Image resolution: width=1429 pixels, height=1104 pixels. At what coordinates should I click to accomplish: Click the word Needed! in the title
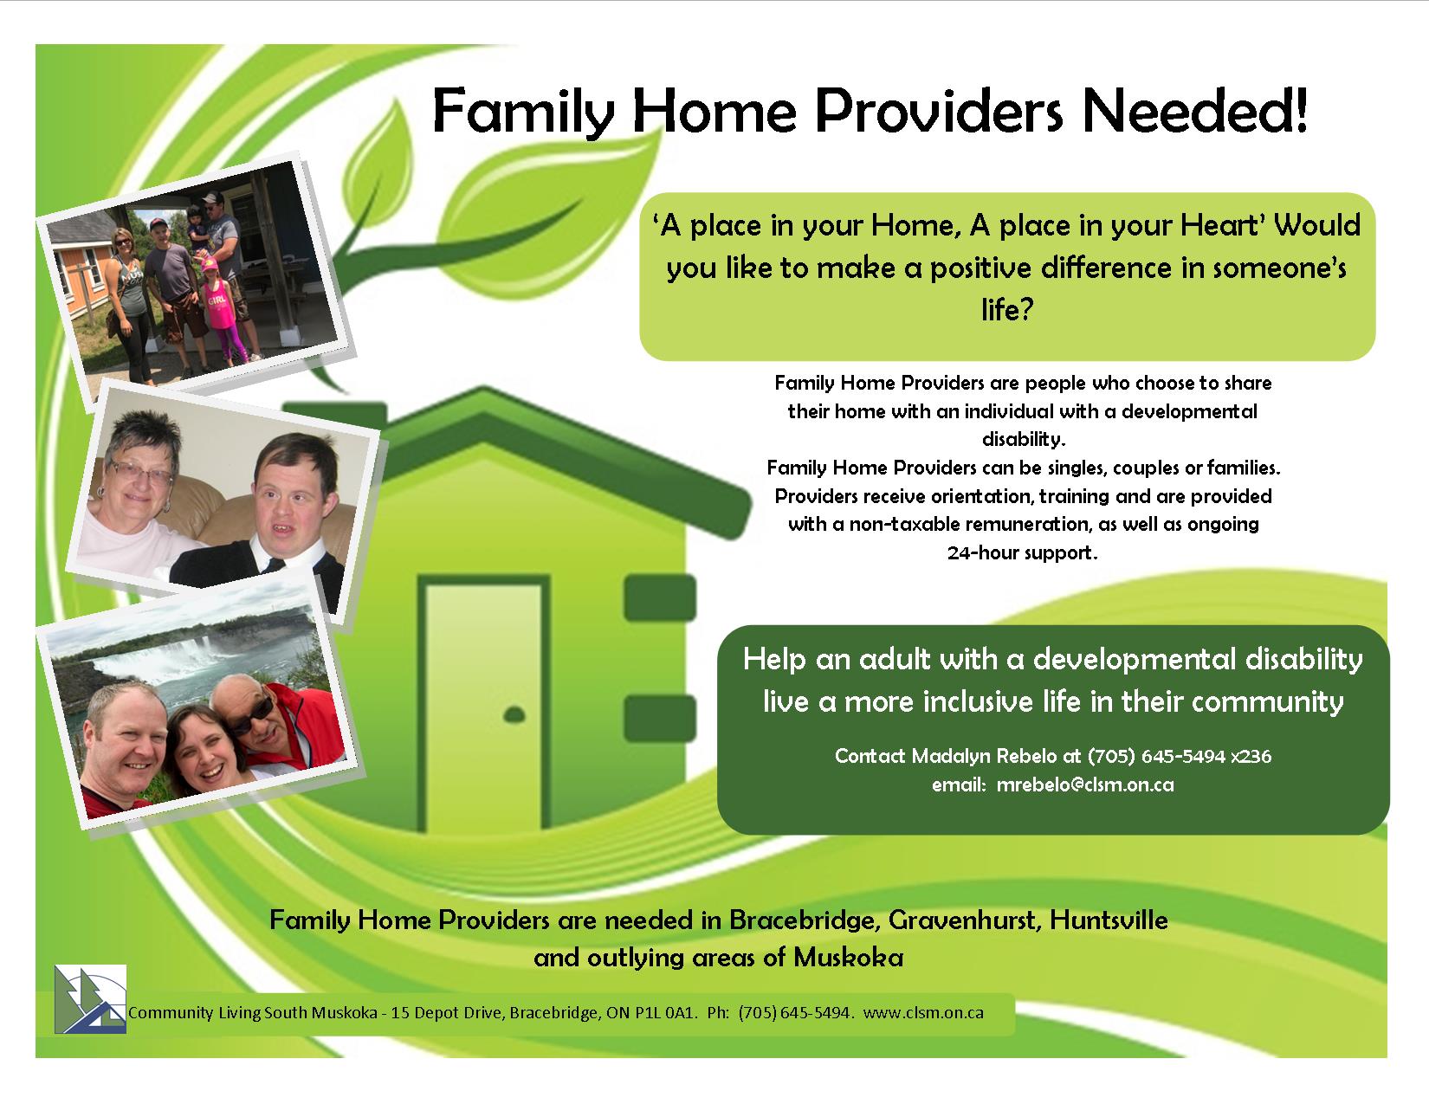(1194, 111)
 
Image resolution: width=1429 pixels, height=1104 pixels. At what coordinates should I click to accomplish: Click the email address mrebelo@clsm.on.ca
(1085, 784)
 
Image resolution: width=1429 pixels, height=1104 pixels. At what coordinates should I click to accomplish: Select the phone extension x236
(1251, 756)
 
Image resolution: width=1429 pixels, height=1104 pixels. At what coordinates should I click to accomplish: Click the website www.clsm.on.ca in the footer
(923, 1012)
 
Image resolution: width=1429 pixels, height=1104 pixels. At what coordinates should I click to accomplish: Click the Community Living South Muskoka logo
(90, 998)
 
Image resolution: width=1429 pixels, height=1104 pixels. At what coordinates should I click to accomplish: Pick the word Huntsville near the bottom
(1109, 920)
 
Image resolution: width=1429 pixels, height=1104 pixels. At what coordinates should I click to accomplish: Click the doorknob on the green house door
(514, 714)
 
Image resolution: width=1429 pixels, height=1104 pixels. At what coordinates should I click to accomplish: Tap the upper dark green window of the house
(660, 597)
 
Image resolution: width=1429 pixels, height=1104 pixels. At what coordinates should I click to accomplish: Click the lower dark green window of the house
(660, 718)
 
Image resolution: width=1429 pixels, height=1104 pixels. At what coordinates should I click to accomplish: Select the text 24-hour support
(1023, 553)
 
